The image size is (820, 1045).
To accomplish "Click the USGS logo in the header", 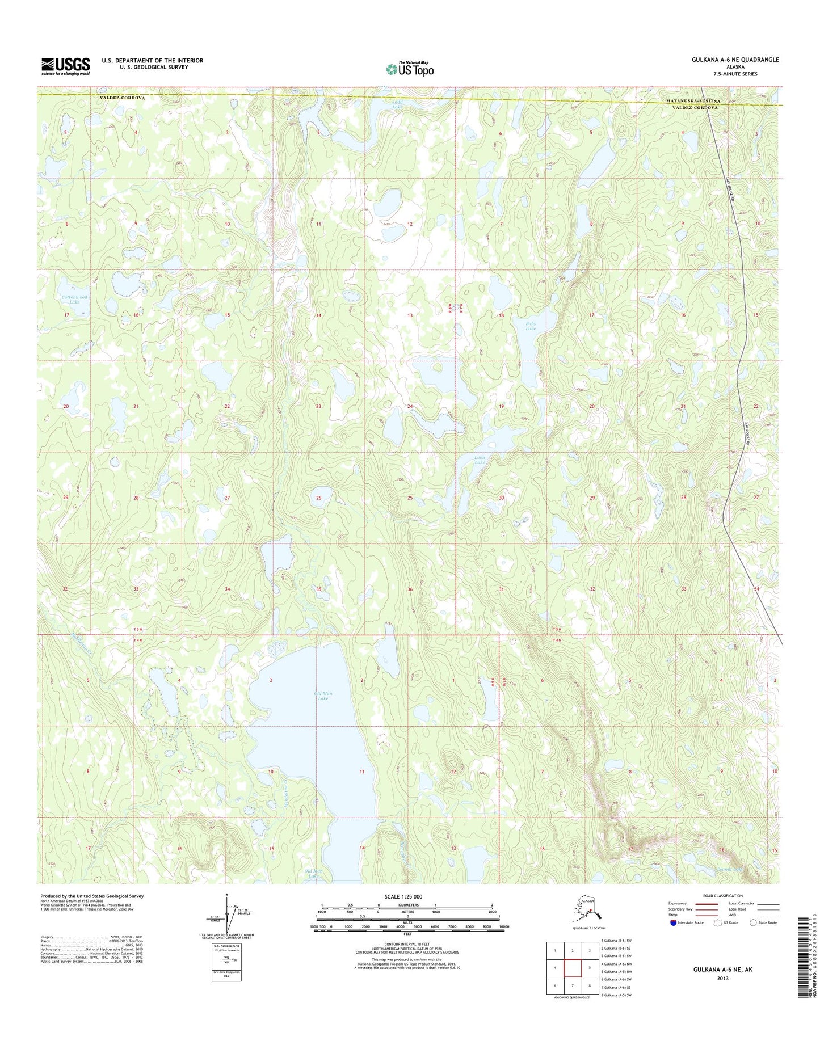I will coord(65,66).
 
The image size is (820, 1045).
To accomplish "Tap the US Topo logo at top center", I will coord(410,69).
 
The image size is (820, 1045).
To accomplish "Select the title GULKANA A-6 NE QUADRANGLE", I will coord(735,60).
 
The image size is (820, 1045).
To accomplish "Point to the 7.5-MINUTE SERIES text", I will coord(735,74).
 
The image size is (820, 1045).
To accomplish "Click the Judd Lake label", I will coord(397,104).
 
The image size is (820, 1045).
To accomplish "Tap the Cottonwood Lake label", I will coord(75,300).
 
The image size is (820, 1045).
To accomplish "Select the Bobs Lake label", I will coord(530,326).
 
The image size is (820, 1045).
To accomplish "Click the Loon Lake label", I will coord(480,460).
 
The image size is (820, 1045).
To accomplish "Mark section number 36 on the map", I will coord(410,589).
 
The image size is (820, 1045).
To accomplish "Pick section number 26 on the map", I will coord(318,498).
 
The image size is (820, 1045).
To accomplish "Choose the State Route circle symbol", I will coord(753,923).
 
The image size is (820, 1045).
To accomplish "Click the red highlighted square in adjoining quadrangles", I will coord(573,967).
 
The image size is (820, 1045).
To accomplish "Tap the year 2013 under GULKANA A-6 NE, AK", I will coord(722,979).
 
